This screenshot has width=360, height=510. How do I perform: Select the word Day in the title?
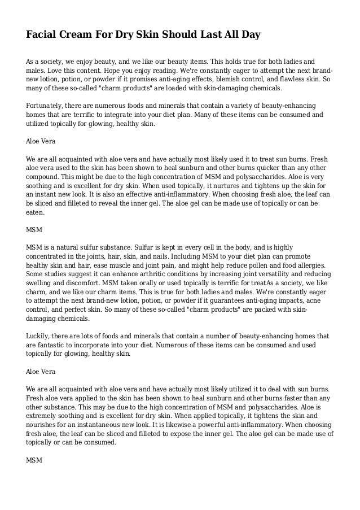coord(249,35)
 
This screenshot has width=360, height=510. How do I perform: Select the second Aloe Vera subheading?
coord(41,373)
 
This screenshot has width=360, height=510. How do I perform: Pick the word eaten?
coord(36,213)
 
